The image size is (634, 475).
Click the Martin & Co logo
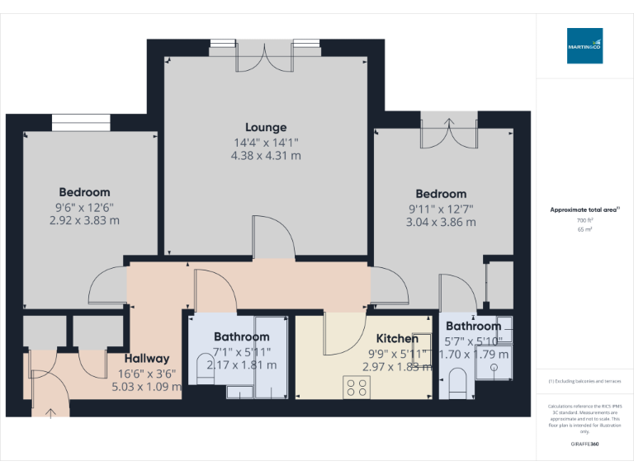(584, 46)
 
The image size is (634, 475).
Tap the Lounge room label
(266, 127)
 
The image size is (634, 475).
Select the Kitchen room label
(397, 338)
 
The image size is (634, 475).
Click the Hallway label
(147, 358)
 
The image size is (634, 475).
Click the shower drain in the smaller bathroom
(495, 369)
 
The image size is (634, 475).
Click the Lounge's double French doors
(266, 58)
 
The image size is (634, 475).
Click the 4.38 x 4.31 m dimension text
(266, 154)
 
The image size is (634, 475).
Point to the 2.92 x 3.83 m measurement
(83, 220)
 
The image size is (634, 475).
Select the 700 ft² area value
(584, 220)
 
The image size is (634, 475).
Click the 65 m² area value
(584, 229)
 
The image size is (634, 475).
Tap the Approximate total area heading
(584, 210)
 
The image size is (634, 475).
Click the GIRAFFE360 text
(584, 444)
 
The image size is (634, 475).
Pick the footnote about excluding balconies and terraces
(584, 381)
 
